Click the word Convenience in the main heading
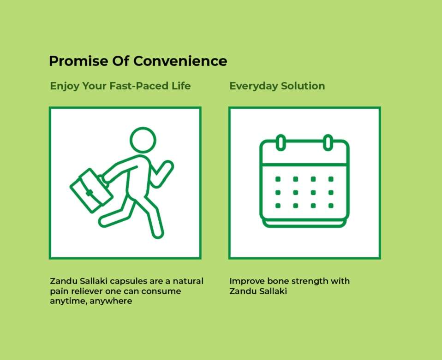[x=180, y=61]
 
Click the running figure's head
[x=143, y=140]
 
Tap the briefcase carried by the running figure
[x=91, y=190]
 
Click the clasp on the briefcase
[x=90, y=193]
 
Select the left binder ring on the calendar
[x=281, y=142]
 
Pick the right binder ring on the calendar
[x=328, y=142]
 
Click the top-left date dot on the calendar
[x=278, y=179]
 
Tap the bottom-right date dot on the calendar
[x=331, y=206]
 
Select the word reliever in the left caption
[x=86, y=291]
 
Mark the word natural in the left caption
[x=188, y=281]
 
